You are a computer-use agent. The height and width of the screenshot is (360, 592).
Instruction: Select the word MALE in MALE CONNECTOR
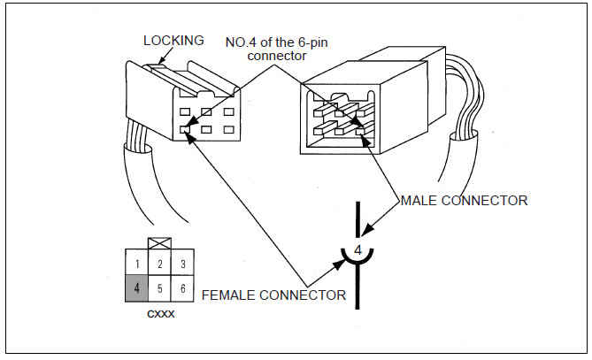(419, 201)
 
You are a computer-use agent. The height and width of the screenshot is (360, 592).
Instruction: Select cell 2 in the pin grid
(158, 264)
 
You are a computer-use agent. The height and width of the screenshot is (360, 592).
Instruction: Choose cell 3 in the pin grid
(182, 264)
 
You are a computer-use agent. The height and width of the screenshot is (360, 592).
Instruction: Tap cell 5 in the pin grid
(158, 287)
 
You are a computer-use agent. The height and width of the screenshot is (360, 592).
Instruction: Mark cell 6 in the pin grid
(182, 287)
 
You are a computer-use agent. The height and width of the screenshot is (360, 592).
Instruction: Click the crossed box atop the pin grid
(158, 243)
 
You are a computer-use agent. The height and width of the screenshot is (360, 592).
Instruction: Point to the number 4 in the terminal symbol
(358, 250)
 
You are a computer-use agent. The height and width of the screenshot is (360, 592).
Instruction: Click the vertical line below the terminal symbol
(358, 292)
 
